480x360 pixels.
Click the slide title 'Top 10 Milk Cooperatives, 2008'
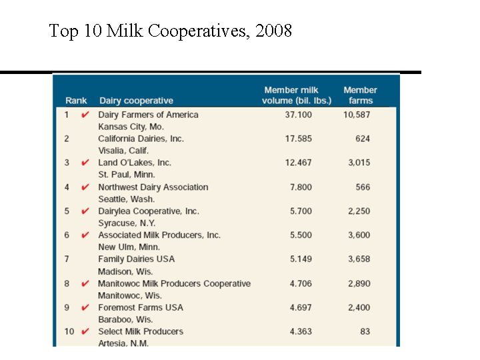point(171,31)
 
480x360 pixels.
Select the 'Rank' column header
point(76,101)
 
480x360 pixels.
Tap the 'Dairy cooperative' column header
point(136,101)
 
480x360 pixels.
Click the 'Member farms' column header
point(360,95)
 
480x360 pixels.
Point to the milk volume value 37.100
point(298,115)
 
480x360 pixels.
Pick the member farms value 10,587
point(357,115)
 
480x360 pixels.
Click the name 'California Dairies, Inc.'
point(141,139)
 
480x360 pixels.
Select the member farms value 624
point(363,139)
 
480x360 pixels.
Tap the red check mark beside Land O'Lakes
point(85,163)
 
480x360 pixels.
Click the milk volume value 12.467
point(298,163)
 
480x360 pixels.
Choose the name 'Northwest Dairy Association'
point(153,187)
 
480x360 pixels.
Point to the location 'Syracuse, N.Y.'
point(127,223)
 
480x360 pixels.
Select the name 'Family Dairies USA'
point(136,259)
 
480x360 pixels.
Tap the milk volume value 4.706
point(300,283)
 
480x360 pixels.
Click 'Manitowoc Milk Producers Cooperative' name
point(174,283)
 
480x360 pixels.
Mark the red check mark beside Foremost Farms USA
point(85,307)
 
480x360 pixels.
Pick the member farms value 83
point(365,331)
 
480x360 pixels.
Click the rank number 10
point(69,331)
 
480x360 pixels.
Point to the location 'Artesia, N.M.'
point(123,343)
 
